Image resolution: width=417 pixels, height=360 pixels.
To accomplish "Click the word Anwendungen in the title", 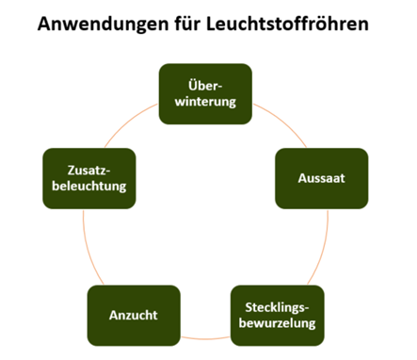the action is (x=104, y=25).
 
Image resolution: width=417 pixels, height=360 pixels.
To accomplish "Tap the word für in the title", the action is (x=187, y=24).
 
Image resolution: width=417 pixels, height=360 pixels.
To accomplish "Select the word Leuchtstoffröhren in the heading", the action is (x=287, y=24).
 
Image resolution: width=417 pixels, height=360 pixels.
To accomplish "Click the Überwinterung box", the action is (x=205, y=94).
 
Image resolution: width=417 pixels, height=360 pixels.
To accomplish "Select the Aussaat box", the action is (x=322, y=178).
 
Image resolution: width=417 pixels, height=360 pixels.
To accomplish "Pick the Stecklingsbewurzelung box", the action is (x=278, y=316).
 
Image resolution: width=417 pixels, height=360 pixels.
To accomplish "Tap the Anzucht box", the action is (x=134, y=316).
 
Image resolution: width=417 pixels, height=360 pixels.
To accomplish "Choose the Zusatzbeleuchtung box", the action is (x=89, y=178).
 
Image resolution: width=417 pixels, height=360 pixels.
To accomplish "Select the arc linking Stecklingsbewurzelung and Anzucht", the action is (x=205, y=338).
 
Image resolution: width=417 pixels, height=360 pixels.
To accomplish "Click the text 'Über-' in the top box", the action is (x=205, y=86).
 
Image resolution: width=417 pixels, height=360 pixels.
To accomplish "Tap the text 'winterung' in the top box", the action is (x=205, y=102).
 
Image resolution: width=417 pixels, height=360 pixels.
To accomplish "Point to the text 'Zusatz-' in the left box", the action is (x=89, y=171).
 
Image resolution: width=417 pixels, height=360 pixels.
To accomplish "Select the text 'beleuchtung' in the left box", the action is (x=89, y=186).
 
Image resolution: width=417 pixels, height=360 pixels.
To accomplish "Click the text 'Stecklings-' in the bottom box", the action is (x=277, y=307).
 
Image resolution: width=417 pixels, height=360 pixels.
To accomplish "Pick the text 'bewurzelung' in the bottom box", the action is (x=277, y=323).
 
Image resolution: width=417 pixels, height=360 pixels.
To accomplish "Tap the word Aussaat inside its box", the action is (x=322, y=178).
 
